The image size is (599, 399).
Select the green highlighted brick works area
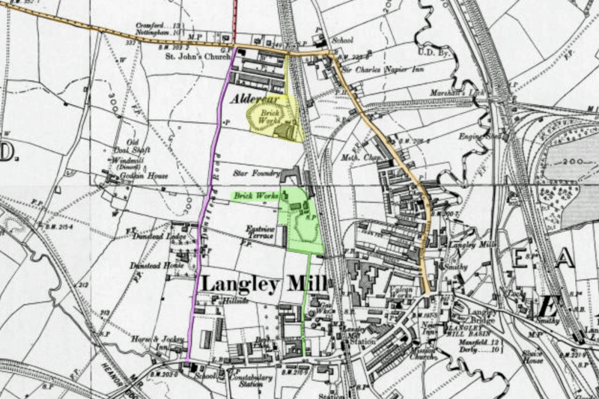(x=299, y=221)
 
